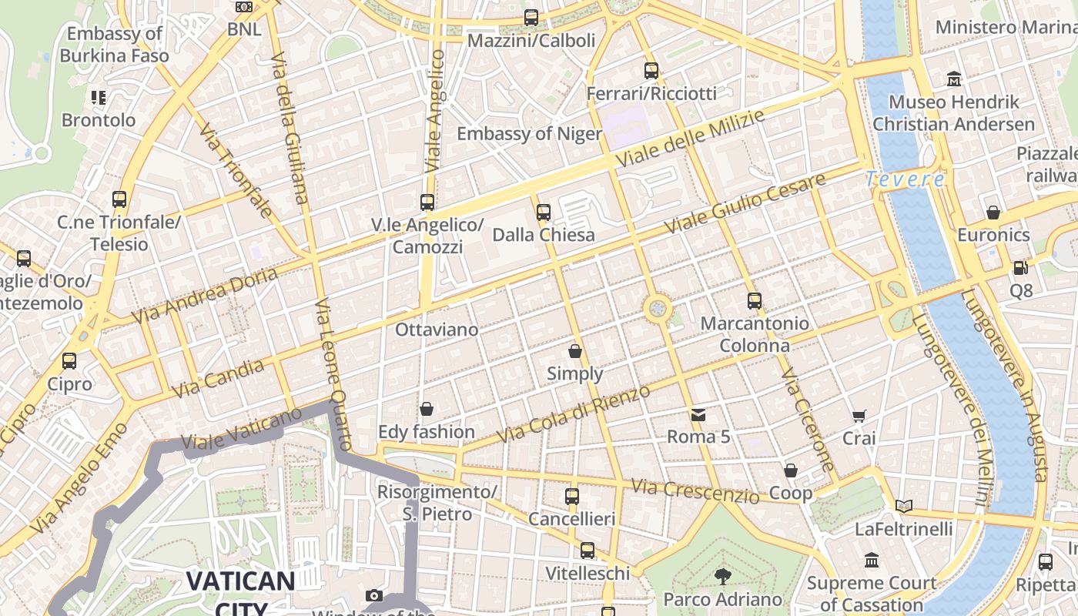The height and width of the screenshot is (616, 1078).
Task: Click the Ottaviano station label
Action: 437,330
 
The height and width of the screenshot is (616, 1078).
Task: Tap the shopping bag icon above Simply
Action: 575,352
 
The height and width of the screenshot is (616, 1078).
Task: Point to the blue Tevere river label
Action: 905,179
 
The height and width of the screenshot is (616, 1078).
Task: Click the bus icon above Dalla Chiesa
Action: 544,212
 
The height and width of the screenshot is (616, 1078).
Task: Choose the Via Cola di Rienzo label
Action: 574,414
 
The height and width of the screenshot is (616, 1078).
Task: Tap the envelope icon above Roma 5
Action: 698,415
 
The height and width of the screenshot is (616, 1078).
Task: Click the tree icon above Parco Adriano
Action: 722,576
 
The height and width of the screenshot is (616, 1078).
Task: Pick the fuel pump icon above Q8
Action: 1020,268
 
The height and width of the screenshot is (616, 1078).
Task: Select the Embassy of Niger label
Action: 529,134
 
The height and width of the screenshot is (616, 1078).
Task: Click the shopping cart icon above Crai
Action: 859,416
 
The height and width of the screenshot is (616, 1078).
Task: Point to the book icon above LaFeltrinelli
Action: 904,506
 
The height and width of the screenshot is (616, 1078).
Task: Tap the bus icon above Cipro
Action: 69,360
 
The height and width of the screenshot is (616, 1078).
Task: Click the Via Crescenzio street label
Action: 695,490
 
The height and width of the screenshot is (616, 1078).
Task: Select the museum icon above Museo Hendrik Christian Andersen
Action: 954,79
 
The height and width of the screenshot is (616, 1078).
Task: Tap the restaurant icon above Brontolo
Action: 99,98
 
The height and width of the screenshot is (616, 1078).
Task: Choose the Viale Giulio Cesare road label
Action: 745,204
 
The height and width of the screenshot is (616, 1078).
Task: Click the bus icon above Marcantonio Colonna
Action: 755,301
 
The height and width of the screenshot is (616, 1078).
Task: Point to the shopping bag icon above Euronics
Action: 993,212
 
